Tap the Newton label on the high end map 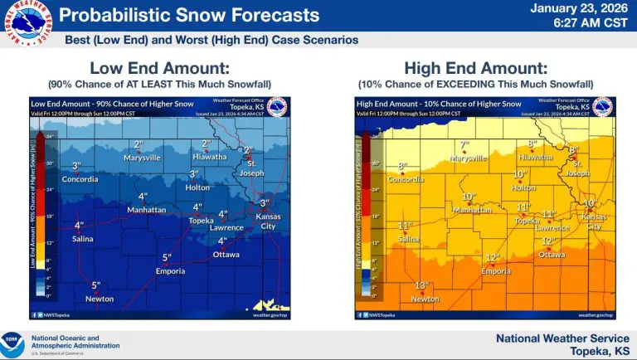pyautogui.click(x=425, y=299)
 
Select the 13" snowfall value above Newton pyautogui.click(x=421, y=285)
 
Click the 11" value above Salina pyautogui.click(x=406, y=226)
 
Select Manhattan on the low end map pyautogui.click(x=145, y=210)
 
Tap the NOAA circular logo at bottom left pyautogui.click(x=13, y=343)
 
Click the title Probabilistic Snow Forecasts pyautogui.click(x=190, y=15)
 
